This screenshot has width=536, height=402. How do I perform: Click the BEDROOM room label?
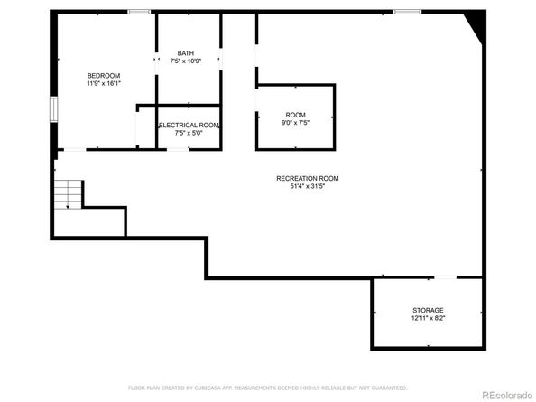(x=104, y=75)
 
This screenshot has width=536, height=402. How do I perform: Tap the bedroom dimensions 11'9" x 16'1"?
(x=104, y=83)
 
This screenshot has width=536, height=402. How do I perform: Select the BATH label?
(x=185, y=52)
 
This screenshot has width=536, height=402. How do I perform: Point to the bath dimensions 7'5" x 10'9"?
(x=185, y=61)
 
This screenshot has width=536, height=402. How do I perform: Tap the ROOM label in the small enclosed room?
(x=295, y=115)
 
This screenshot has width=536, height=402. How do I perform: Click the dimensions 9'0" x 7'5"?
(x=295, y=123)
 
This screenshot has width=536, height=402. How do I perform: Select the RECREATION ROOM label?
(x=307, y=178)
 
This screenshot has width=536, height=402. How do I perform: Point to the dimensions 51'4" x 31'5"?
(x=307, y=187)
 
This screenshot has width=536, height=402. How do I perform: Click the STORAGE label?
(x=429, y=311)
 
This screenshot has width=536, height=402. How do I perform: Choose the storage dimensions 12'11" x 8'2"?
(x=429, y=319)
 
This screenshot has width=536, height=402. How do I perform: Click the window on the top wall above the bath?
(x=138, y=12)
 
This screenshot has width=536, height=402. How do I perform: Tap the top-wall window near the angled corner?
(x=406, y=12)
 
